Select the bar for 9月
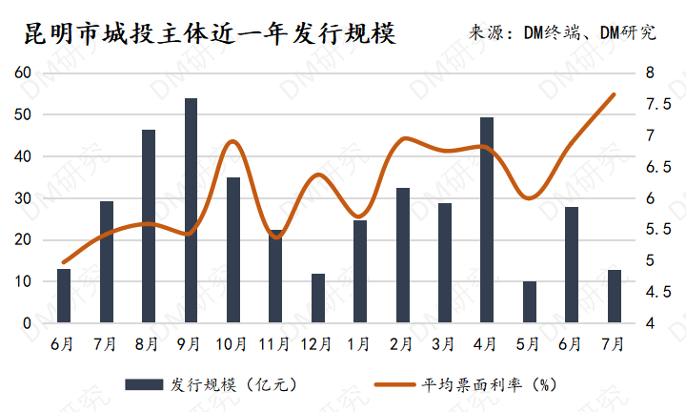pyautogui.click(x=191, y=210)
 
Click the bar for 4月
pyautogui.click(x=487, y=220)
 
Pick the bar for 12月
pyautogui.click(x=318, y=299)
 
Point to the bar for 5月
pyautogui.click(x=530, y=302)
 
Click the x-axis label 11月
pyautogui.click(x=275, y=342)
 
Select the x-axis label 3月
pyautogui.click(x=444, y=342)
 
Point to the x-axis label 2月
pyautogui.click(x=402, y=342)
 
